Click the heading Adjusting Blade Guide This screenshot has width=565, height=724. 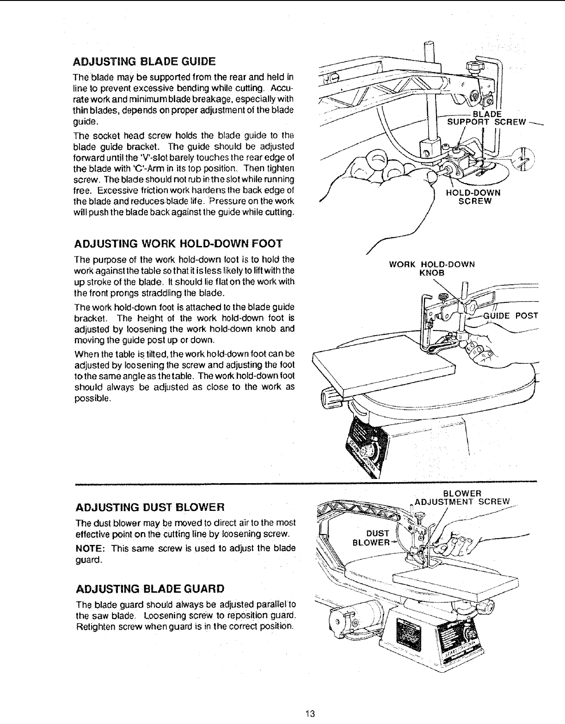point(145,61)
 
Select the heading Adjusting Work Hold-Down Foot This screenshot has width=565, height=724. point(178,244)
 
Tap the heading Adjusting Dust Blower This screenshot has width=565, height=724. point(150,507)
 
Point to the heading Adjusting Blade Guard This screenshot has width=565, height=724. point(150,589)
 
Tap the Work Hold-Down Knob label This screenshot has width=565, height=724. point(432,269)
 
